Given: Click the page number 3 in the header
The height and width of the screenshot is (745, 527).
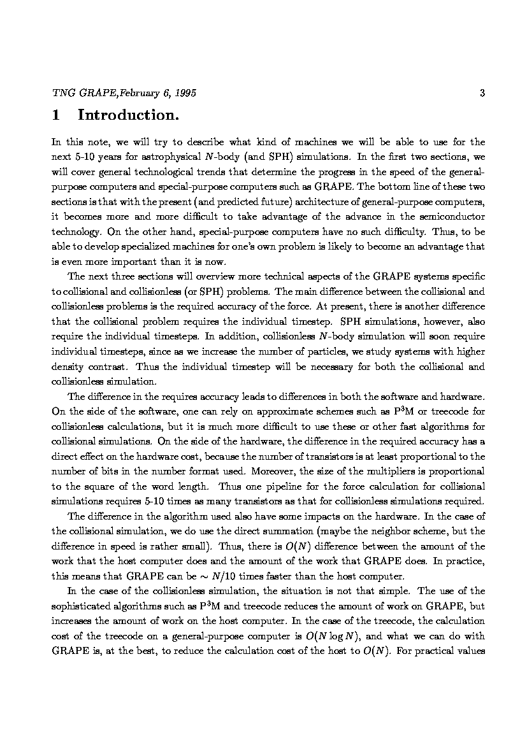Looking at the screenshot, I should pyautogui.click(x=482, y=93).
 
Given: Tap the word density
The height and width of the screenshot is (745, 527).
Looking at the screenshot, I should pyautogui.click(x=68, y=366).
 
